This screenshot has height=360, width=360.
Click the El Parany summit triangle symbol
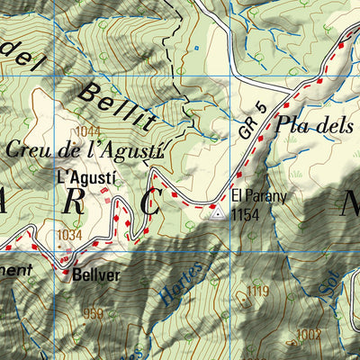pyautogui.click(x=216, y=212)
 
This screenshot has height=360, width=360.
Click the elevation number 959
pyautogui.click(x=92, y=314)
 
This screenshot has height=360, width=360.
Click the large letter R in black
pyautogui.click(x=75, y=203)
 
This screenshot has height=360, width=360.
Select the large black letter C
pyautogui.click(x=149, y=204)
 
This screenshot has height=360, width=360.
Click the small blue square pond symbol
pyautogui.click(x=195, y=47)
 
